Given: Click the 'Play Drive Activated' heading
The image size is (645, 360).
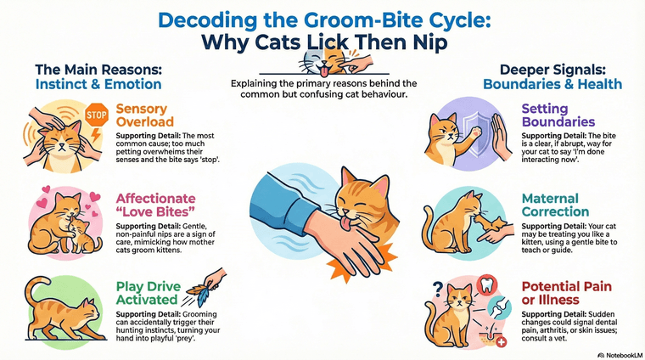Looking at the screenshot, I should point(148,293).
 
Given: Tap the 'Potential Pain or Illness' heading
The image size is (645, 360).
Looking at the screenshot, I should point(562,293).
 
